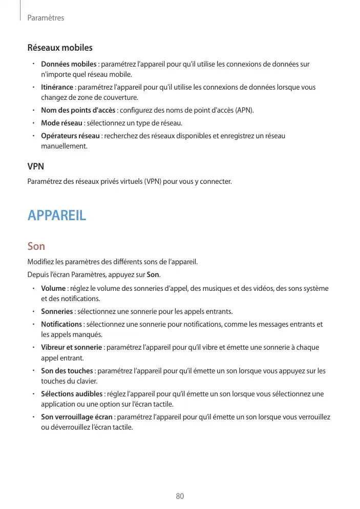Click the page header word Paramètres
click(x=46, y=18)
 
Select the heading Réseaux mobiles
click(x=60, y=48)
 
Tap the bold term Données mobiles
click(x=69, y=64)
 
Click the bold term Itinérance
click(x=57, y=87)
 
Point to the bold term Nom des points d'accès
click(x=78, y=110)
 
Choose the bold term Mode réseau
click(x=61, y=123)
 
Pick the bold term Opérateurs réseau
click(x=70, y=136)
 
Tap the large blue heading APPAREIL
click(x=57, y=215)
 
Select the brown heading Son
click(x=36, y=246)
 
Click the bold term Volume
click(x=53, y=288)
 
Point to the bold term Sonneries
click(x=57, y=311)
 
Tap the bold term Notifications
click(x=61, y=324)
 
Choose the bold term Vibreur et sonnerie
click(x=71, y=348)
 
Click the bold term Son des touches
click(x=67, y=371)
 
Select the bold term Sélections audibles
click(x=72, y=394)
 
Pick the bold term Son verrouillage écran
click(x=77, y=417)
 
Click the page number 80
click(x=180, y=496)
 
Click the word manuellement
click(x=64, y=146)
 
